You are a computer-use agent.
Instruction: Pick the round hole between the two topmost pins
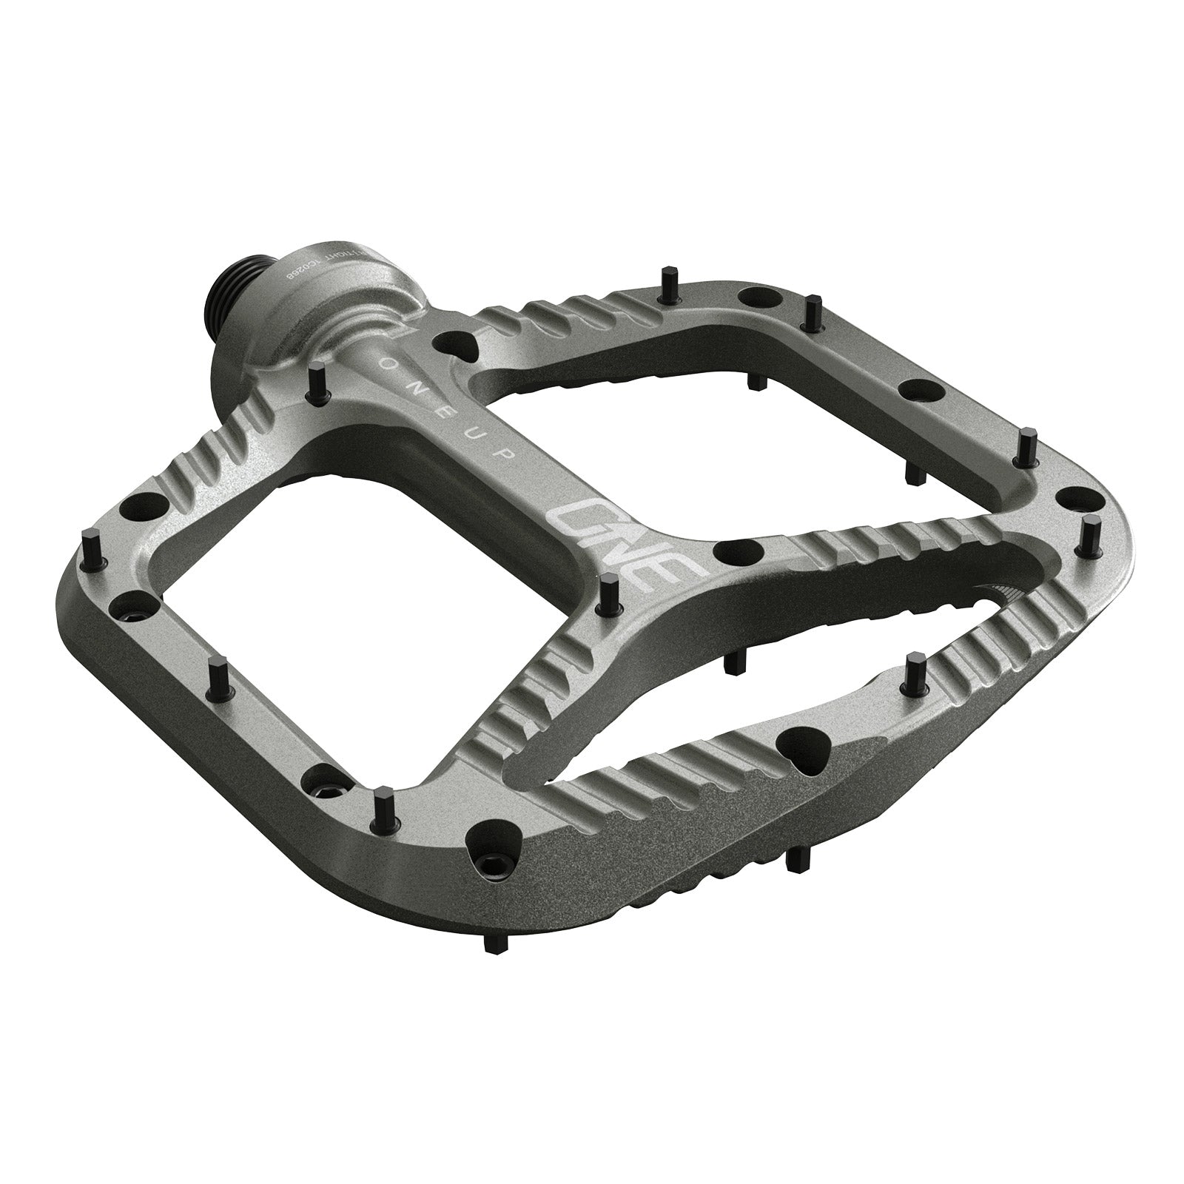(757, 297)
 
